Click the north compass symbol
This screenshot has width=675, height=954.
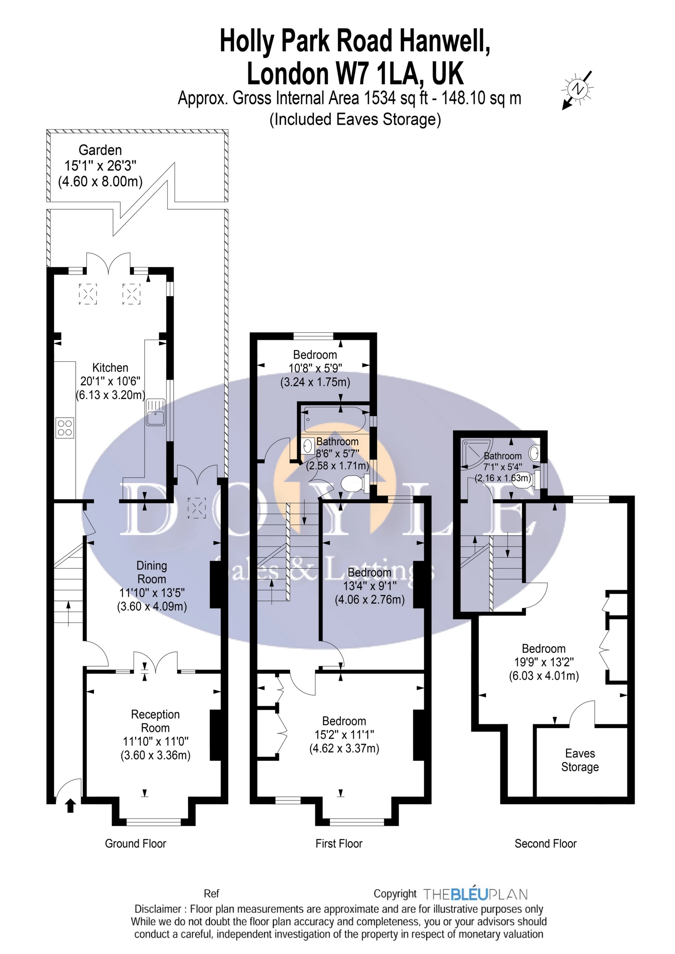pyautogui.click(x=578, y=89)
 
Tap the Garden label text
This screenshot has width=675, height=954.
pyautogui.click(x=100, y=150)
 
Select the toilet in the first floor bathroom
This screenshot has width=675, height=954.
pyautogui.click(x=352, y=483)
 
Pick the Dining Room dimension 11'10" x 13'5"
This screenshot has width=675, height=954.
pyautogui.click(x=152, y=593)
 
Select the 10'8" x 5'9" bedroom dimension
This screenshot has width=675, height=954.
pyautogui.click(x=315, y=368)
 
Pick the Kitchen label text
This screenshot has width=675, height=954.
pyautogui.click(x=110, y=367)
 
